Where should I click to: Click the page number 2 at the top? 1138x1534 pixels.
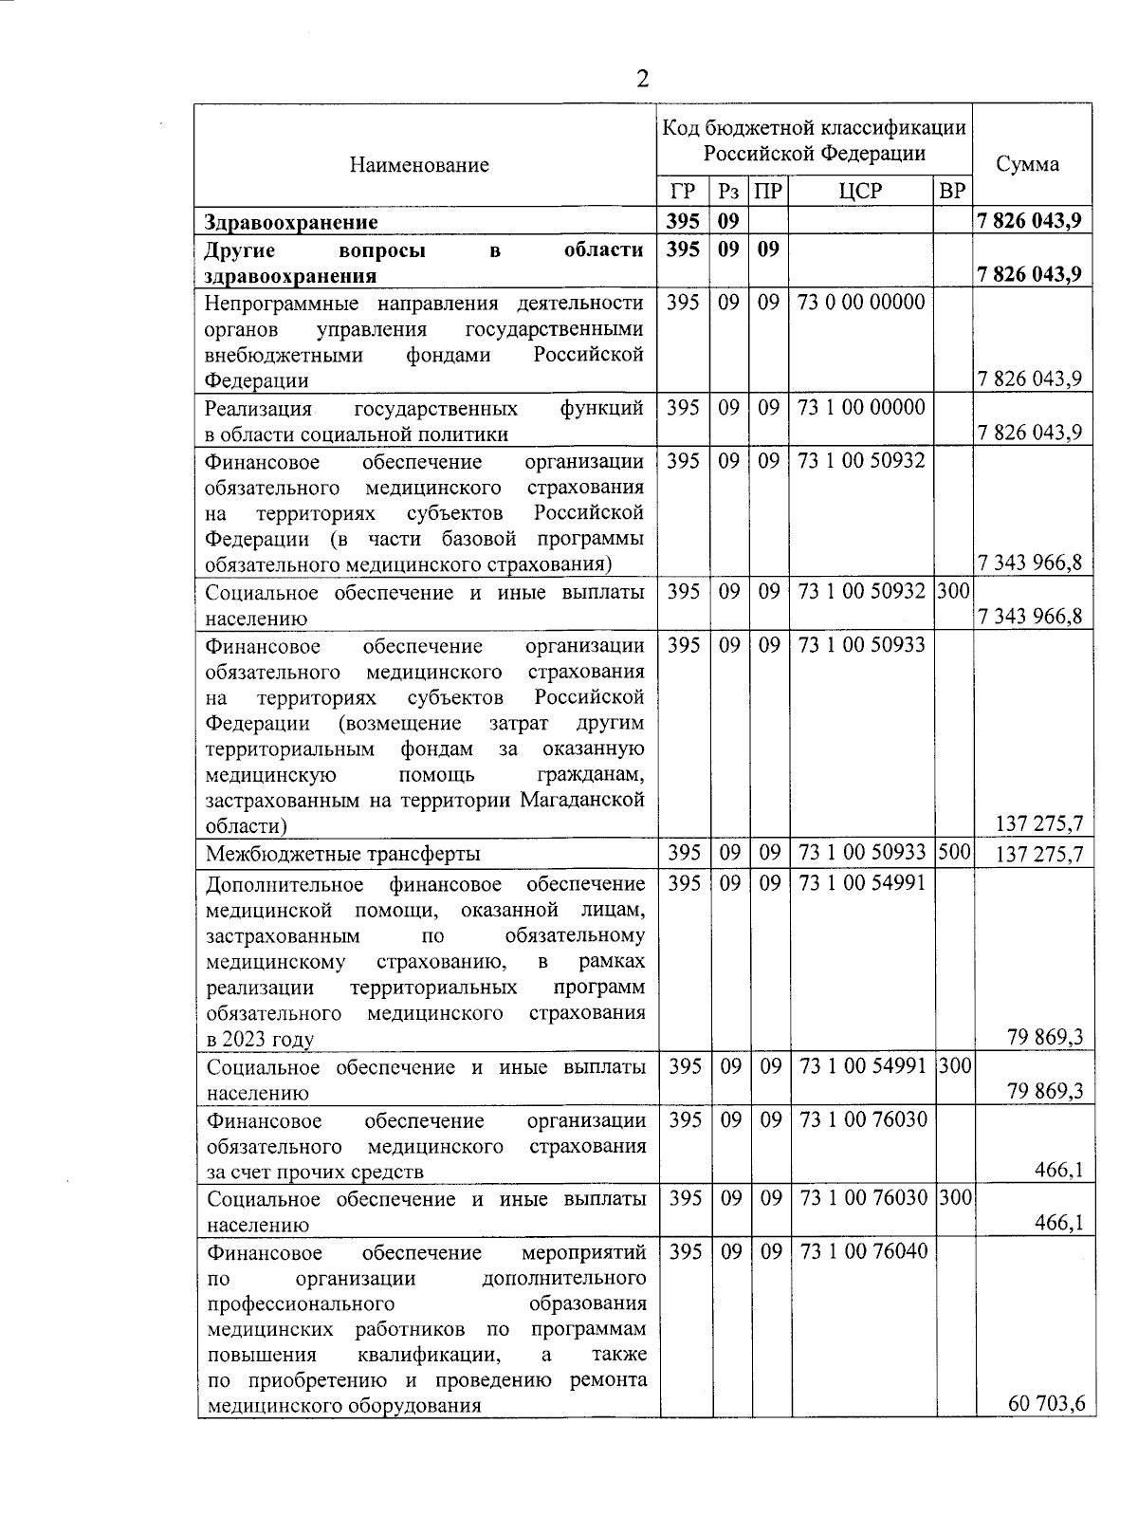[643, 79]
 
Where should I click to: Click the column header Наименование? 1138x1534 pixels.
[418, 165]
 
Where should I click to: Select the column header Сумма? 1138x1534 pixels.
[1028, 164]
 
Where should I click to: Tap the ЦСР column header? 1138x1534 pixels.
[860, 192]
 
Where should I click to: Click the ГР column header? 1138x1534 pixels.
[682, 192]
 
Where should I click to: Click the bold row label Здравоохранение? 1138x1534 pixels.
[291, 222]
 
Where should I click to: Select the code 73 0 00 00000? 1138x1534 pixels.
[861, 303]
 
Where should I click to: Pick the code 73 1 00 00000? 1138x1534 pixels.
[861, 408]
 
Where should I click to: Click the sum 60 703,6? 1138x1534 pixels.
[1047, 1403]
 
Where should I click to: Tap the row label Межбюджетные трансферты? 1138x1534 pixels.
[343, 853]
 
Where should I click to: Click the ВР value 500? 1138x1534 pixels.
[954, 852]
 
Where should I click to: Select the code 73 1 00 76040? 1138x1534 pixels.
[863, 1251]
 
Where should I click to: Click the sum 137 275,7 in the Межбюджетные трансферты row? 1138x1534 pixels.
[1039, 854]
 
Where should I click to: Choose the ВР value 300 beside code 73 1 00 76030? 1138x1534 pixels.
[955, 1198]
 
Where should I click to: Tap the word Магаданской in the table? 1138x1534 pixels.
[582, 800]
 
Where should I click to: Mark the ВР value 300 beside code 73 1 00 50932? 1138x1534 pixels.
[954, 591]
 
